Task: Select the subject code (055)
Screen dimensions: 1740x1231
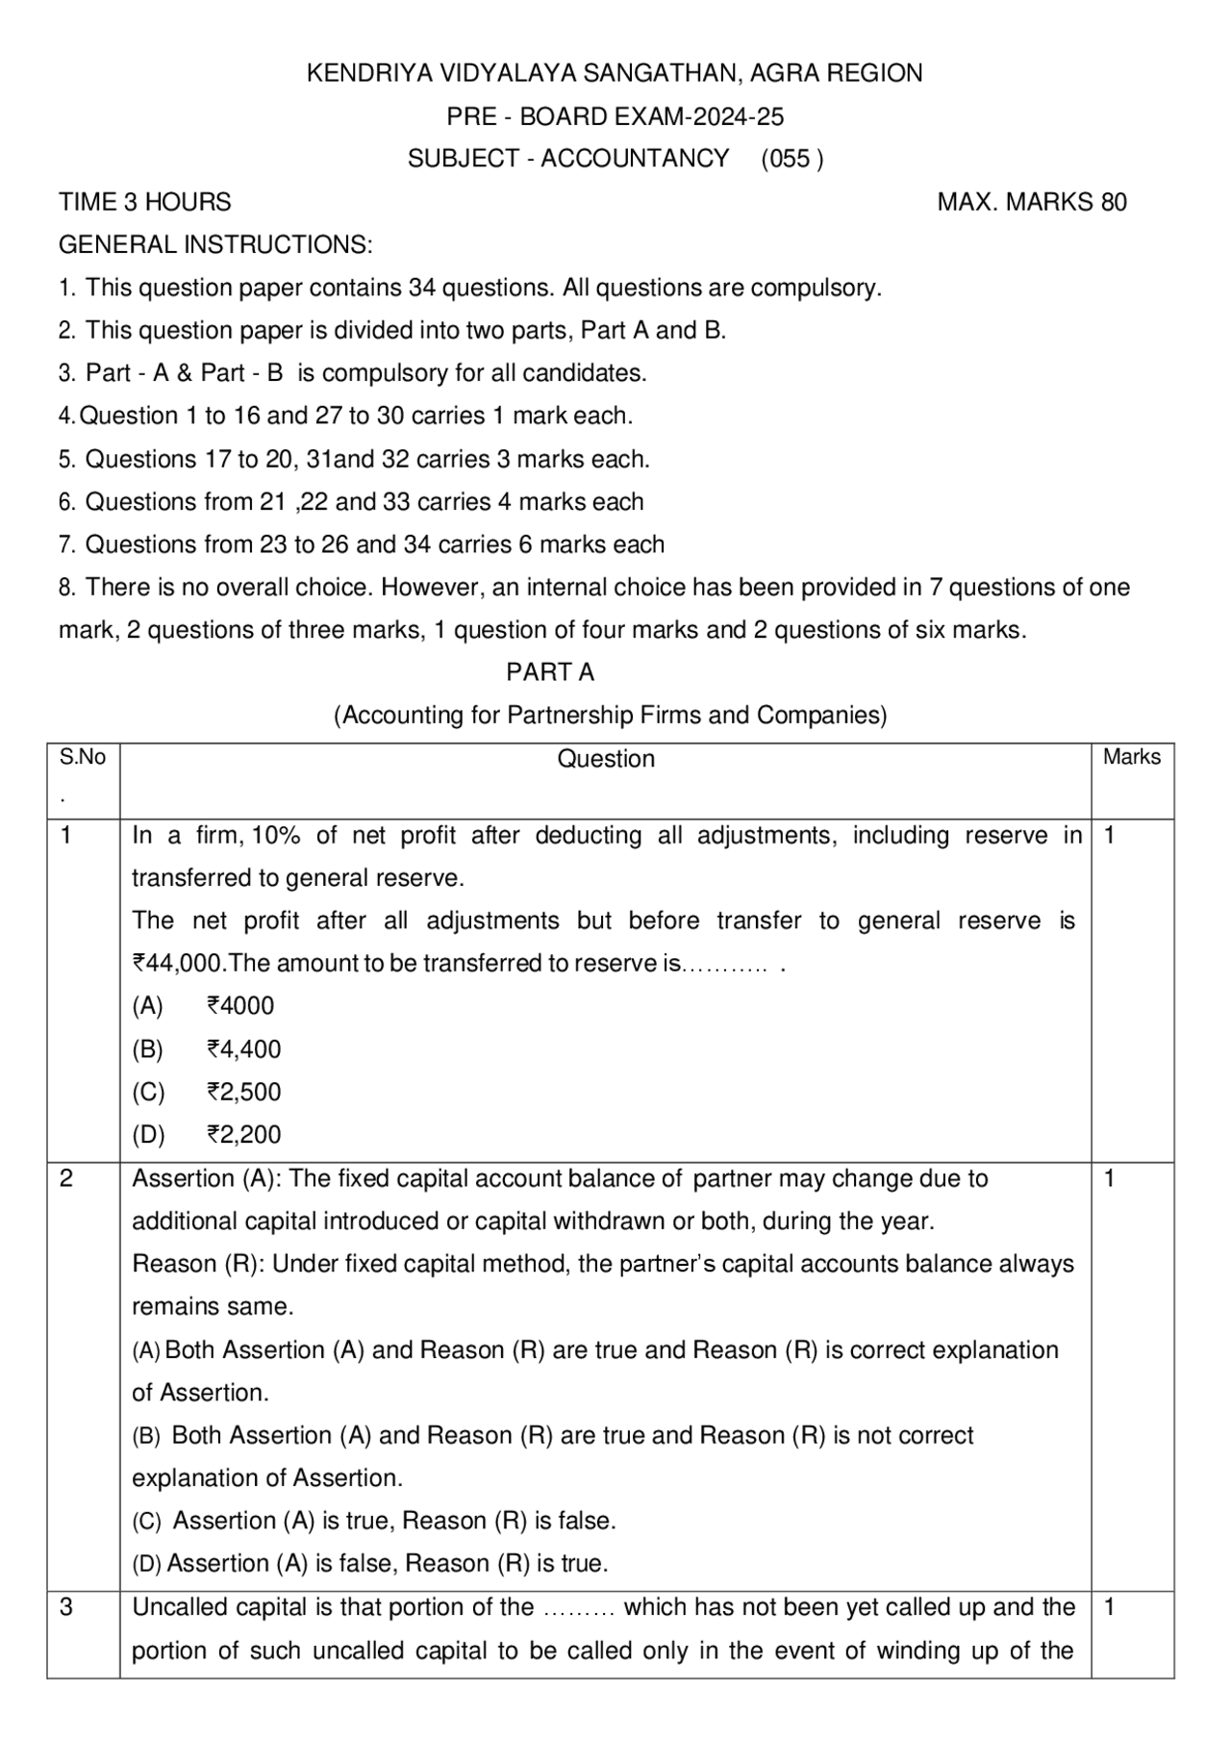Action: [791, 159]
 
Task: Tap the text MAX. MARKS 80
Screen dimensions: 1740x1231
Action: [1031, 202]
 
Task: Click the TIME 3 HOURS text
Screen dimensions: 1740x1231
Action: [145, 202]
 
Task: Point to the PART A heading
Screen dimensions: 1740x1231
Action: [550, 672]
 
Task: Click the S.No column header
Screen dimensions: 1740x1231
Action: [83, 758]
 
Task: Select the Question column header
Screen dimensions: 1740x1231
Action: [606, 759]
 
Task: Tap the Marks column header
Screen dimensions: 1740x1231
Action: [1131, 757]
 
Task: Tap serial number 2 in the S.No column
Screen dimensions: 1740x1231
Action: [66, 1178]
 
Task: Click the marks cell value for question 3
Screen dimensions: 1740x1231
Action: [1109, 1607]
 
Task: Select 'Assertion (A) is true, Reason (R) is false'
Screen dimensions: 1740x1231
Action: [394, 1521]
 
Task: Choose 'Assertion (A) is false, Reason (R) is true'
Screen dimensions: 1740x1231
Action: [388, 1564]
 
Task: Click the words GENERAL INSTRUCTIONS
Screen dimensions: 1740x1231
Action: [215, 244]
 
